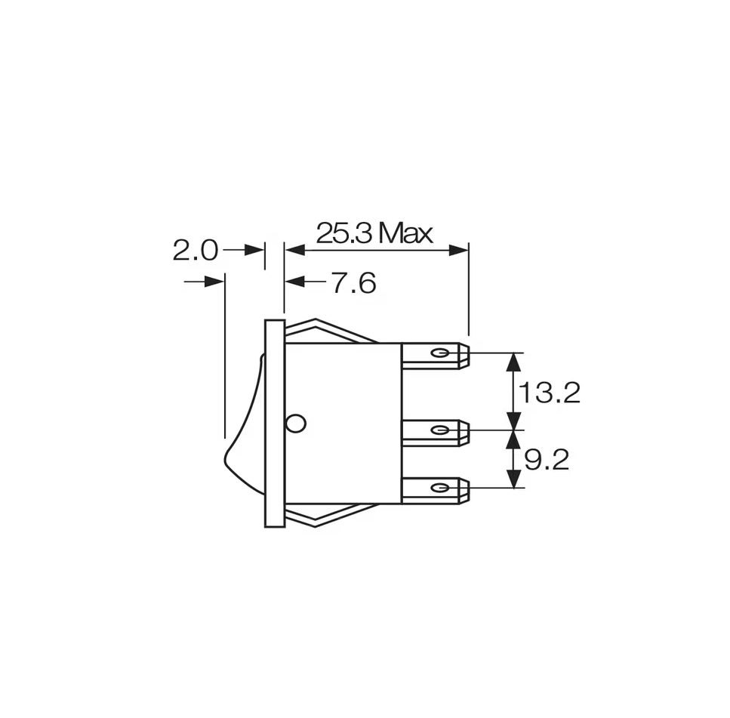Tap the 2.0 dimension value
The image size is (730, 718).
[195, 251]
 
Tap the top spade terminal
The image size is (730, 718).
[436, 356]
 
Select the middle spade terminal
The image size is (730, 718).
[436, 433]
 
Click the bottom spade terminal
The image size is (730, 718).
[436, 490]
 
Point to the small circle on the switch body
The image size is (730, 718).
[296, 424]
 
